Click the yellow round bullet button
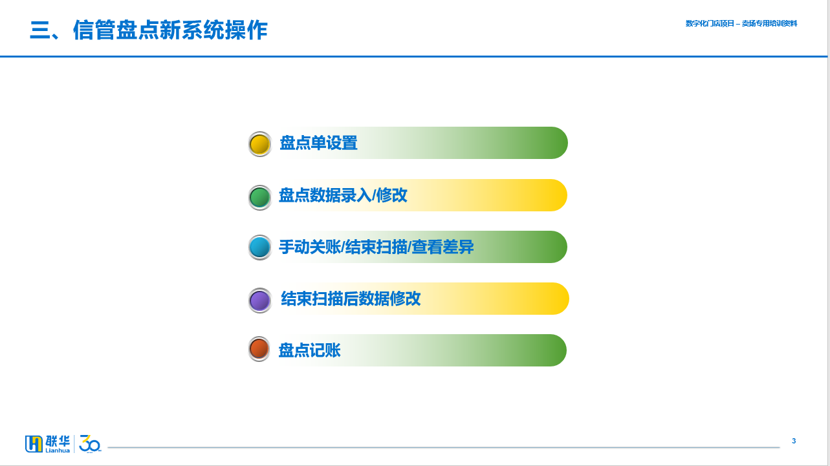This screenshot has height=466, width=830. coord(260,144)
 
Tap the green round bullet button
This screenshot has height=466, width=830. coord(260,198)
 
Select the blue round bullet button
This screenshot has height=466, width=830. coord(260,248)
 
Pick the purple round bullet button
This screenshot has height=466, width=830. coord(260,300)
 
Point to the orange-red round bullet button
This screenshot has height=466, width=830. coord(259,348)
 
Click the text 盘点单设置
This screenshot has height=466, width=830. coord(318,143)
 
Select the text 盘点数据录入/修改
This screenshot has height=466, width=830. coord(343,195)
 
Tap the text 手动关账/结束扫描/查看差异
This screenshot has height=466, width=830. coord(376,247)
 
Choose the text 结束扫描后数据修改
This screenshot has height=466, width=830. coord(351,299)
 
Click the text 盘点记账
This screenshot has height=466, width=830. coord(309,350)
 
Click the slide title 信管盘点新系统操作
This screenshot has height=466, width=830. coord(170,30)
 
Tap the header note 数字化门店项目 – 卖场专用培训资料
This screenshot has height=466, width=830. coord(741,23)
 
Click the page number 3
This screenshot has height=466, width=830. coord(794,441)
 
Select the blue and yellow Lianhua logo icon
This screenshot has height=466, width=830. coord(34,444)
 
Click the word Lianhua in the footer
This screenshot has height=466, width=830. coord(58,450)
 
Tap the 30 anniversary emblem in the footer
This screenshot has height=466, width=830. coord(90,444)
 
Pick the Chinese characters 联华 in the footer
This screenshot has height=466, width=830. coord(58,441)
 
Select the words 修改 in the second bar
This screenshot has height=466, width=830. coord(391,195)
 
